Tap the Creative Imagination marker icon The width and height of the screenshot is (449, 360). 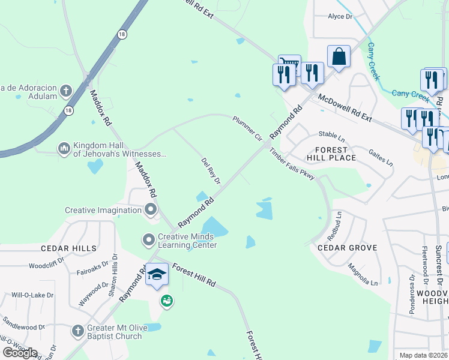(x=150, y=209)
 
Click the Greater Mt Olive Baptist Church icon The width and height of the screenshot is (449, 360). (x=77, y=331)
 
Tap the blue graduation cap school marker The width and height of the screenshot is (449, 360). (x=157, y=275)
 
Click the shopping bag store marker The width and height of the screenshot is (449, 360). (x=339, y=56)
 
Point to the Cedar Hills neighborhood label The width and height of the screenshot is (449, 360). (x=68, y=248)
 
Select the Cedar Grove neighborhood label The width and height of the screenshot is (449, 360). (x=347, y=248)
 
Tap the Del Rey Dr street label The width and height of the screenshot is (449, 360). (x=211, y=171)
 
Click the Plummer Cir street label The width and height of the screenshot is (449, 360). (x=248, y=128)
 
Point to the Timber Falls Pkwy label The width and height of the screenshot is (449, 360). (x=292, y=164)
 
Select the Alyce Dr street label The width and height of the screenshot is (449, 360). (x=340, y=17)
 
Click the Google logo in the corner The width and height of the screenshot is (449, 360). (x=20, y=352)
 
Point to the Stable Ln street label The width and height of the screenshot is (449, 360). (x=331, y=136)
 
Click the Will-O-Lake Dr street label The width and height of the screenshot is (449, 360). (x=32, y=295)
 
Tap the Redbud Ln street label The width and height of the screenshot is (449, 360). (x=337, y=223)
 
